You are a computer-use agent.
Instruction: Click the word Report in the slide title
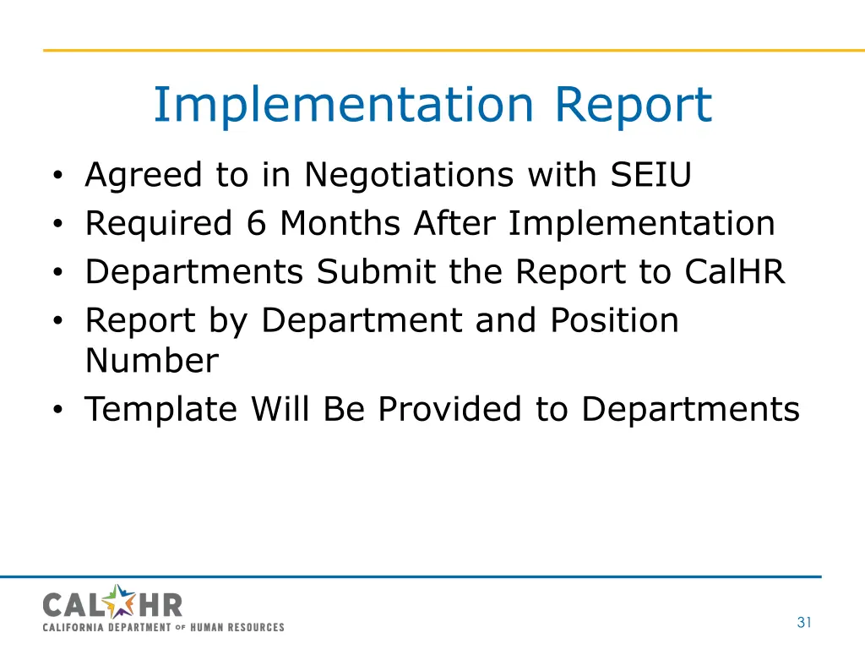(633, 106)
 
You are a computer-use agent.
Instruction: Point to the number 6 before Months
(256, 224)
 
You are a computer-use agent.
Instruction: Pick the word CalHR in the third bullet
(735, 272)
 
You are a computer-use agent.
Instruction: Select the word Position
(614, 320)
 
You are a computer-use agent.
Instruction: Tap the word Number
(151, 362)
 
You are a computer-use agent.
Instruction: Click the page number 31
(803, 623)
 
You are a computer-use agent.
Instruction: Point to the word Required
(158, 224)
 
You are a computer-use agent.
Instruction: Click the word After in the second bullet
(455, 224)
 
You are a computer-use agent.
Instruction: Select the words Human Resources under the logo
(237, 627)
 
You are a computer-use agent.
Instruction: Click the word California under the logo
(71, 627)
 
